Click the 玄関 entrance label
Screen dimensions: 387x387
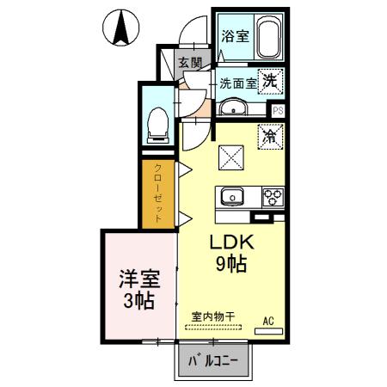(x=190, y=63)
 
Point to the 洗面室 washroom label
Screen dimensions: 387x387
(x=236, y=84)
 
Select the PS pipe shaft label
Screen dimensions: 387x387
(x=278, y=110)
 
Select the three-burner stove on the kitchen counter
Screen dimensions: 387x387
(x=273, y=197)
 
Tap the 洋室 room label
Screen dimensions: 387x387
(x=138, y=279)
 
